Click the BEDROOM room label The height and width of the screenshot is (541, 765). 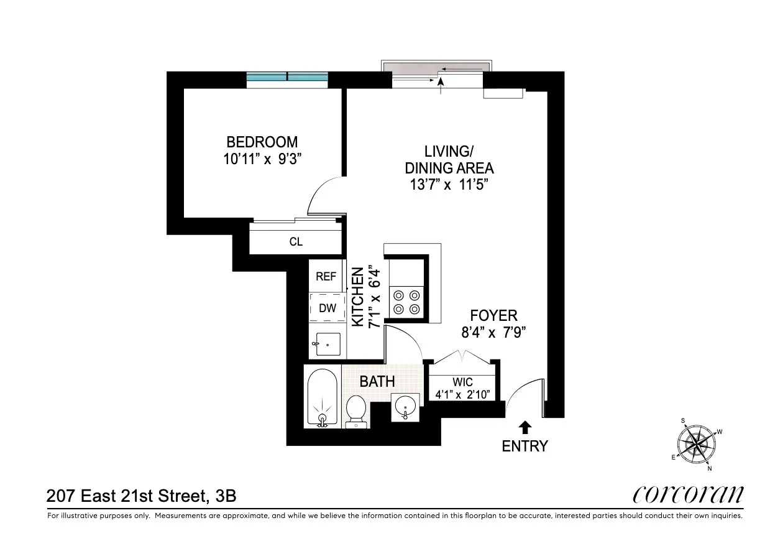pyautogui.click(x=262, y=142)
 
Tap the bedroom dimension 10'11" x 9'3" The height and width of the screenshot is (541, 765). pyautogui.click(x=262, y=159)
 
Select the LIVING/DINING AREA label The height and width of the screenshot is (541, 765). pyautogui.click(x=449, y=159)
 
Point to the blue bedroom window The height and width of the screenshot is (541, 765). pyautogui.click(x=286, y=77)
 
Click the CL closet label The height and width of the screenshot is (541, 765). pyautogui.click(x=296, y=242)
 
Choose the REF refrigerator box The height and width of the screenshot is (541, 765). pyautogui.click(x=326, y=277)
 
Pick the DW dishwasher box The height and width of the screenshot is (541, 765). pyautogui.click(x=327, y=307)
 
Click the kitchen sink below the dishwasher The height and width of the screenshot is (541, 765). pyautogui.click(x=328, y=344)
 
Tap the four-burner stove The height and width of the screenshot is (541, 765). pyautogui.click(x=406, y=302)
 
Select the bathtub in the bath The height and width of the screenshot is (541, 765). pyautogui.click(x=322, y=397)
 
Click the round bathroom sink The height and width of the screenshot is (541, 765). pyautogui.click(x=405, y=407)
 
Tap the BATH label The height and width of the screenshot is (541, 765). pyautogui.click(x=377, y=381)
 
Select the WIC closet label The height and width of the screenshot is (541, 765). pyautogui.click(x=462, y=382)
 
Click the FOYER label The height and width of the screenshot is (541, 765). pyautogui.click(x=493, y=316)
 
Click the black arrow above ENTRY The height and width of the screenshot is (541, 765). pyautogui.click(x=525, y=427)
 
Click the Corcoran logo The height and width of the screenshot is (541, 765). pyautogui.click(x=687, y=494)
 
